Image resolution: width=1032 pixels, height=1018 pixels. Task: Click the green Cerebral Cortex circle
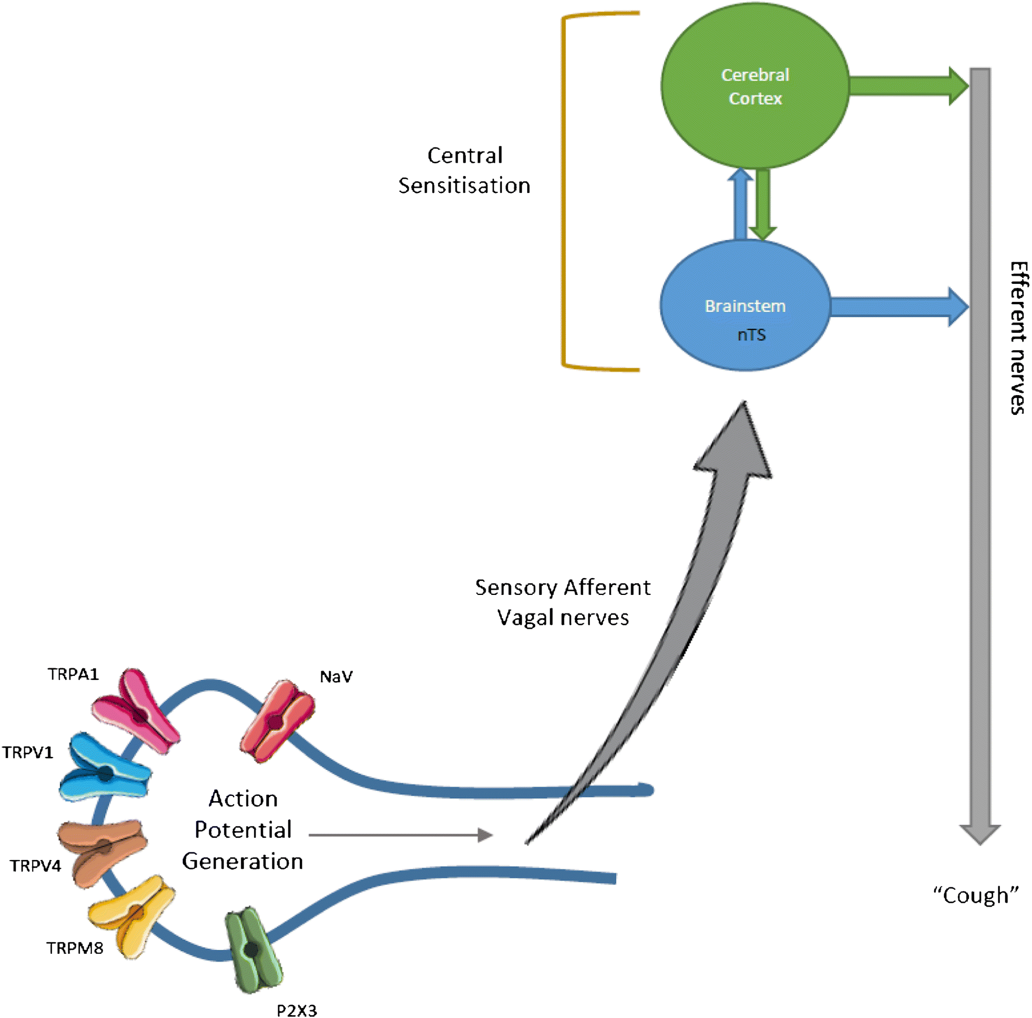(755, 86)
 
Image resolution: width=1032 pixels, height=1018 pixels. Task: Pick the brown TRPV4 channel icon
(102, 849)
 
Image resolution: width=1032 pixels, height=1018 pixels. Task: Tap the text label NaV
(336, 677)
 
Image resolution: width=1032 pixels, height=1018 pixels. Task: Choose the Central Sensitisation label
(464, 170)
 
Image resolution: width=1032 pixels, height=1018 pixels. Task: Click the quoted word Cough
(976, 895)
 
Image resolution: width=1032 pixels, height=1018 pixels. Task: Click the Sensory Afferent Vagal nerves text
(563, 602)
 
